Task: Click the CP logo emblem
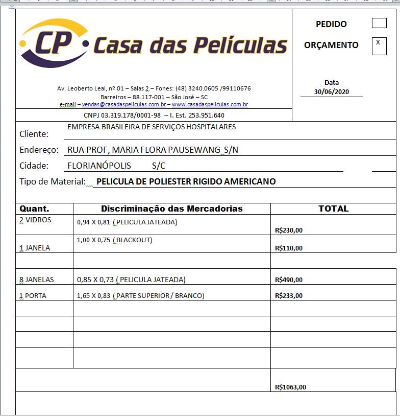coord(54,43)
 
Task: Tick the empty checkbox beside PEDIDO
coord(379,23)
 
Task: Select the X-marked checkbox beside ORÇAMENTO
coord(379,46)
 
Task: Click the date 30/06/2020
coord(331,92)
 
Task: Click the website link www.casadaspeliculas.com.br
coord(210,104)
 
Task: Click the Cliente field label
coord(34,134)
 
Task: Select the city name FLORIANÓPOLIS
coord(99,166)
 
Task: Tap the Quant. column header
coord(34,209)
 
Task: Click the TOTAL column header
coord(333,209)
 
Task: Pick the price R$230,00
coord(288,230)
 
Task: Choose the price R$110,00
coord(288,248)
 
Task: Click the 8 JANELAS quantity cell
coord(36,280)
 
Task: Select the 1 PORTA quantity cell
coord(33,295)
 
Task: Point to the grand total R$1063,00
coord(290,387)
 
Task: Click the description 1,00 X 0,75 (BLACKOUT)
coord(114,240)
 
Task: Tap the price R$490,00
coord(288,280)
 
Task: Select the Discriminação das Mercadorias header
coord(172,209)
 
